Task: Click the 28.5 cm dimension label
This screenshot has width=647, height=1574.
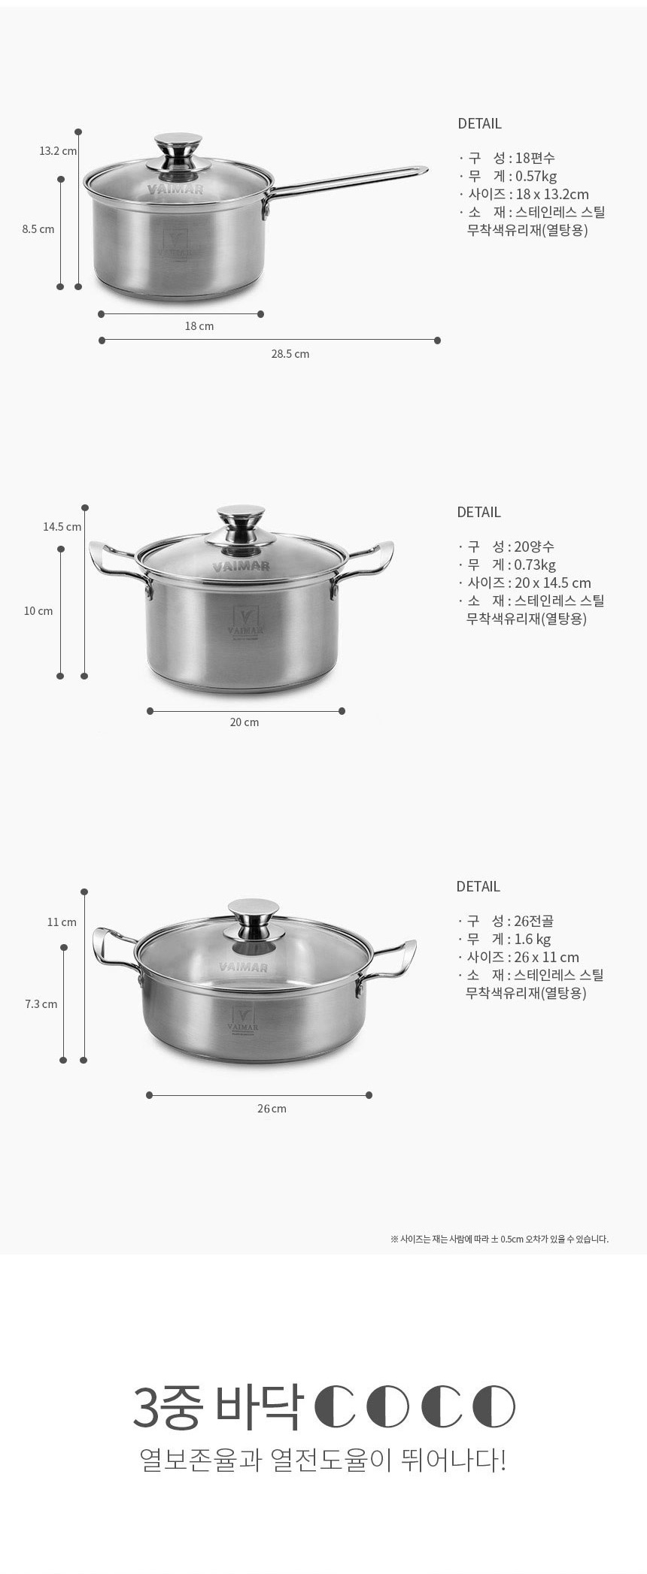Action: pos(290,353)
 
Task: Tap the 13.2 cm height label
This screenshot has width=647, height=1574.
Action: pos(58,151)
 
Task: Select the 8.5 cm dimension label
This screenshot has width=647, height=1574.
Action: pos(38,229)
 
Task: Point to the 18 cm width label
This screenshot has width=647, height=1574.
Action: pos(199,326)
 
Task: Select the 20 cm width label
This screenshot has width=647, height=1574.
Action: pos(245,722)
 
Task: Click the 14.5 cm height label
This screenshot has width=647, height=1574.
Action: pos(62,527)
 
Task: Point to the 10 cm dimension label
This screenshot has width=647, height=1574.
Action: pos(38,611)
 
